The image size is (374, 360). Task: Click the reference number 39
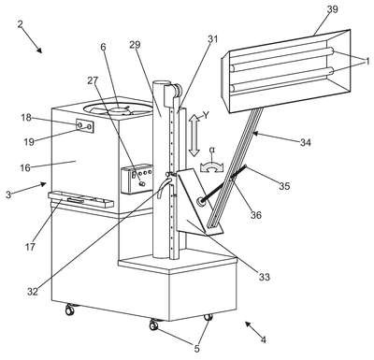tap(332, 9)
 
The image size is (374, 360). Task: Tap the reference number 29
tap(135, 45)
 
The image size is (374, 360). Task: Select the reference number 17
tap(31, 247)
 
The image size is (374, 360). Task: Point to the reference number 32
tap(33, 292)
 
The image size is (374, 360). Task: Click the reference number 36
tap(255, 215)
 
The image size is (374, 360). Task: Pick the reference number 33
tap(265, 277)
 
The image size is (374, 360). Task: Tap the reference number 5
tap(196, 349)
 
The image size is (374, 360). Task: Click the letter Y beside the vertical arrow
tap(206, 116)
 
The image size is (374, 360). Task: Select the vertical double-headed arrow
tap(194, 135)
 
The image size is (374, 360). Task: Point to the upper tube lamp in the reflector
tap(282, 59)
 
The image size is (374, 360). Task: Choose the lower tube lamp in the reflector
tap(282, 79)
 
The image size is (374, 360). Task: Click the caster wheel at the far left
tap(69, 310)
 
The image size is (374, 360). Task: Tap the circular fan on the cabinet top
tap(118, 109)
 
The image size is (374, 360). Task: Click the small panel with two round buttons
tap(84, 125)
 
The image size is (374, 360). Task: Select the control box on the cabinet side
tap(137, 179)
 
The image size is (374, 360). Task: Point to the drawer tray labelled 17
tap(80, 200)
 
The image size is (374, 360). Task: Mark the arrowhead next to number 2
tap(38, 50)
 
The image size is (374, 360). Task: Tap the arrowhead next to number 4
tap(249, 324)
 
